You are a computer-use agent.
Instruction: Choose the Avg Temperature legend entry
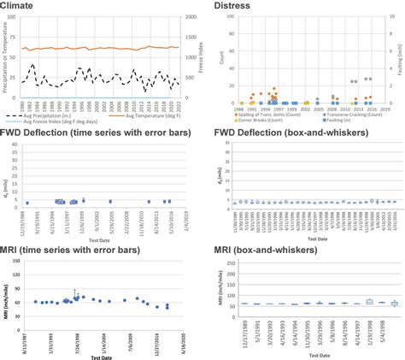pyautogui.click(x=138, y=115)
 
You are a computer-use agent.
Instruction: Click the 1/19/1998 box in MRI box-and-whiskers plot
pyautogui.click(x=370, y=301)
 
